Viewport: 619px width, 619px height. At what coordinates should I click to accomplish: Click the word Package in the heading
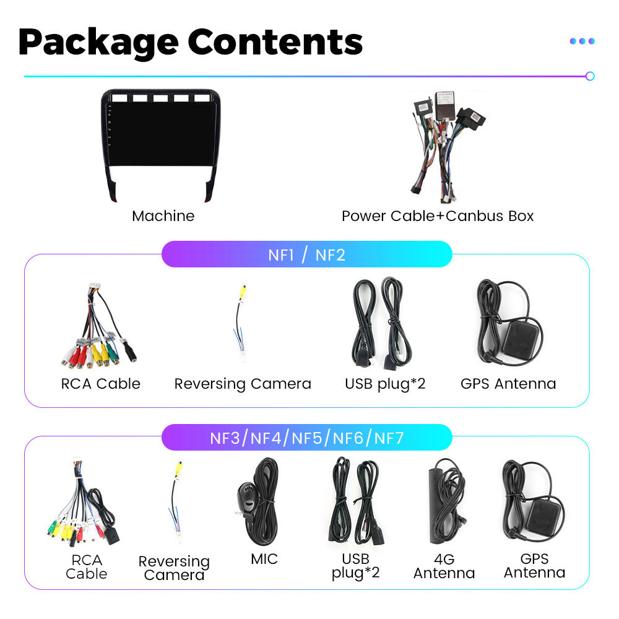[98, 42]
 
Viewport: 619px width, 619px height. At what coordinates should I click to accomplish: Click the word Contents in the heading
[275, 42]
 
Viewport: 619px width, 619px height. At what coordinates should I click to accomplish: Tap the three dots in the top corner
[582, 41]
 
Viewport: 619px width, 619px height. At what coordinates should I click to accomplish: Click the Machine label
[163, 216]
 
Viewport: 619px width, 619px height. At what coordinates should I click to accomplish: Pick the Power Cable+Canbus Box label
[437, 216]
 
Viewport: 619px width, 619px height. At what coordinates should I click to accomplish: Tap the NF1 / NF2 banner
[306, 254]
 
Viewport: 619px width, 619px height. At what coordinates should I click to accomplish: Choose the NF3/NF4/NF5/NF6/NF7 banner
[306, 438]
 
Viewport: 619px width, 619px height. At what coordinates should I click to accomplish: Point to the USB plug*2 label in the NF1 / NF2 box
[385, 384]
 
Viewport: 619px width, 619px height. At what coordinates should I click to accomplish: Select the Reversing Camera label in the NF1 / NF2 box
[243, 384]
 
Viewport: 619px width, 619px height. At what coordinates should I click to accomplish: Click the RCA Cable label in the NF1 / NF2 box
[100, 384]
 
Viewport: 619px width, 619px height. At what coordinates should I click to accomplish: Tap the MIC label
[264, 559]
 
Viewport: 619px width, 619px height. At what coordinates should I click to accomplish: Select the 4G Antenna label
[444, 566]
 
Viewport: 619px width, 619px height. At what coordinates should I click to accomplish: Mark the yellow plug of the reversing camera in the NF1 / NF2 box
[244, 292]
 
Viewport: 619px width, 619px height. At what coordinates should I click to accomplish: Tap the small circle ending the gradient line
[590, 76]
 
